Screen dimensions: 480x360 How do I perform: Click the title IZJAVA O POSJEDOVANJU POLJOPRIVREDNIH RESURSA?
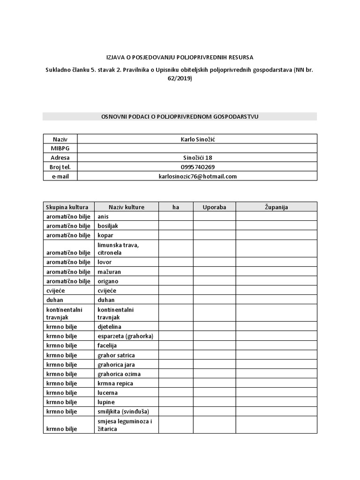coord(180,57)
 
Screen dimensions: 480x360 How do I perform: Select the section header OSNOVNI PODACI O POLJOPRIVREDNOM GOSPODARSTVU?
coord(180,116)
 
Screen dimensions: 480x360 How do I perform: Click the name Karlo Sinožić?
coord(197,139)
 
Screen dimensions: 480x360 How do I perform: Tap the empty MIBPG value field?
coord(197,148)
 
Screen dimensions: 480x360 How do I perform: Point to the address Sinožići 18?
coord(197,157)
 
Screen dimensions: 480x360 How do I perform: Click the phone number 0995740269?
coord(197,167)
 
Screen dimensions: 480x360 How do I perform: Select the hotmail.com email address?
coord(197,176)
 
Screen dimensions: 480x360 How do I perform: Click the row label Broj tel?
coord(60,167)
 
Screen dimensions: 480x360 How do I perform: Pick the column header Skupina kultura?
coord(68,207)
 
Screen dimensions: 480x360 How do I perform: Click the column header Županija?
coord(276,207)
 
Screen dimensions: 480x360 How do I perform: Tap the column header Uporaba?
coord(214,207)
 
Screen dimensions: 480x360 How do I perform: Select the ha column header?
coord(176,207)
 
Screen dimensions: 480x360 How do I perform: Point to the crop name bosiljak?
coord(108,226)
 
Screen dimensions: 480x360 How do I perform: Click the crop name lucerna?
coord(107,393)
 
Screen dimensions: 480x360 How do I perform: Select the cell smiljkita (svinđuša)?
coord(123,412)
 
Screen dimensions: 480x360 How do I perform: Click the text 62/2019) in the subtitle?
coord(180,79)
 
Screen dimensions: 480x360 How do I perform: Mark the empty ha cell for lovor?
coord(176,262)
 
